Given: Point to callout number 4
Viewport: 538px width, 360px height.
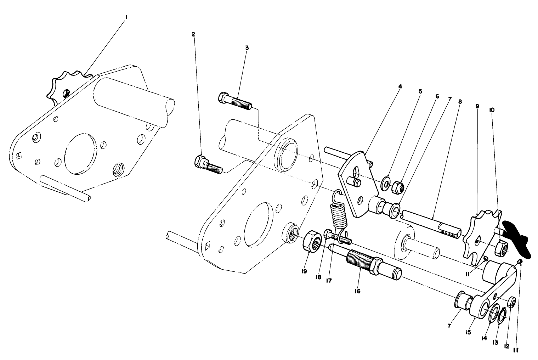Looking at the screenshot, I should coord(400,86).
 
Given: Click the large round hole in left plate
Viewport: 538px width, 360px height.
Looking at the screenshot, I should coord(81,154).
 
